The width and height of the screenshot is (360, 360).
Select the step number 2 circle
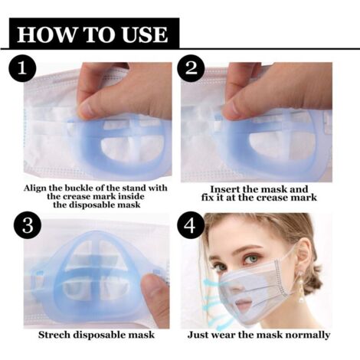(x=191, y=69)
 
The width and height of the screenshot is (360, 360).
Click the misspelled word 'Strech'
(x=57, y=335)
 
